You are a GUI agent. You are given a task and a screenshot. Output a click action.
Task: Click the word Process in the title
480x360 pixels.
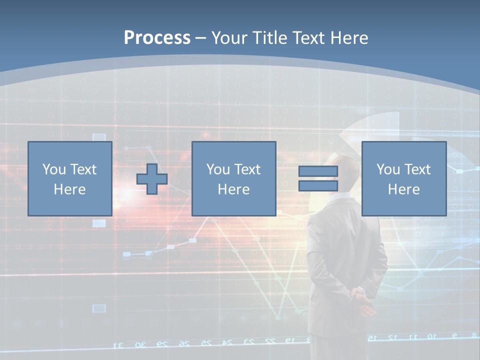tap(157, 38)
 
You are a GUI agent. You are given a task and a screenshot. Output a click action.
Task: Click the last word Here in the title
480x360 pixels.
tap(348, 38)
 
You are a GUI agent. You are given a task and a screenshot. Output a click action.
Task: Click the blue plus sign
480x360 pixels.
tap(152, 179)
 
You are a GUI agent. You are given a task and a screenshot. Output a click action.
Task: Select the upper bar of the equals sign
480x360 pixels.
tap(318, 171)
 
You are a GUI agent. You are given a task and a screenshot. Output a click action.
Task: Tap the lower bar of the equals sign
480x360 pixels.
tap(318, 186)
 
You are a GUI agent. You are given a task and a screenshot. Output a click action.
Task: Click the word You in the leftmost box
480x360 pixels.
tap(53, 169)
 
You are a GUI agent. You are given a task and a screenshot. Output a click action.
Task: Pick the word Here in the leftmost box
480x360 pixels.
tap(69, 189)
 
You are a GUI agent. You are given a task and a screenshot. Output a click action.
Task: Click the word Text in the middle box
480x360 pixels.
tap(246, 169)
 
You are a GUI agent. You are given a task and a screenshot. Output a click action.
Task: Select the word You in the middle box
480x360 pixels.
tap(217, 169)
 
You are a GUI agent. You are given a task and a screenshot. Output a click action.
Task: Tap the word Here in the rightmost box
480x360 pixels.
tap(403, 189)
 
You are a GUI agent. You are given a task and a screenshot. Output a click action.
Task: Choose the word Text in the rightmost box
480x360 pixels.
tap(416, 169)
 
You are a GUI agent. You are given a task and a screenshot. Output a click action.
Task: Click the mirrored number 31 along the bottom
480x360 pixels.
tap(119, 345)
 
